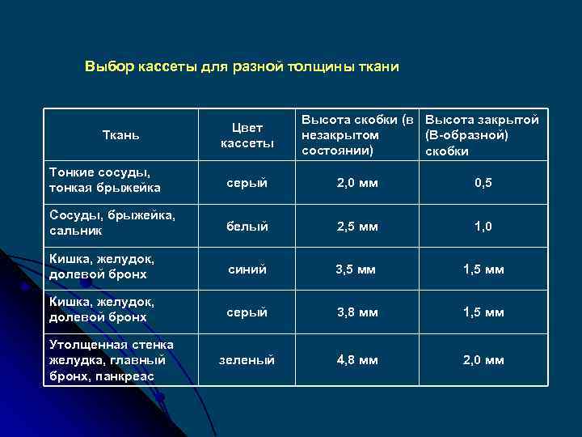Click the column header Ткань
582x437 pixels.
[122, 135]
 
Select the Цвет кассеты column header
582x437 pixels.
[247, 135]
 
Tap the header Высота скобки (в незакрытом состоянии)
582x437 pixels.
[357, 135]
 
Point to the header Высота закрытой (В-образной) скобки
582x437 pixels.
[482, 135]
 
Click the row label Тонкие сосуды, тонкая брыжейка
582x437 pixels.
[105, 180]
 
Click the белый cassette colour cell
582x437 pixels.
[247, 227]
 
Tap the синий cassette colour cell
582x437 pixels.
[247, 269]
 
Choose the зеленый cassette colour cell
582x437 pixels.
[247, 359]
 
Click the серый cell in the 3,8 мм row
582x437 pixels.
[247, 312]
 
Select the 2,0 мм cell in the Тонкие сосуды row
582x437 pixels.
[357, 184]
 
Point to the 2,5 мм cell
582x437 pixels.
[357, 227]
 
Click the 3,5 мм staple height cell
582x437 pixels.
[357, 269]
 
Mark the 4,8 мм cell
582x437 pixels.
[357, 359]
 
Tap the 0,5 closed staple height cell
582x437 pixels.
[483, 184]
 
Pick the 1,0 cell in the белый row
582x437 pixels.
[483, 227]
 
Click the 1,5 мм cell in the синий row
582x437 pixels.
[483, 269]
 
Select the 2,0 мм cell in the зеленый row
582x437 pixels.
[483, 359]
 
